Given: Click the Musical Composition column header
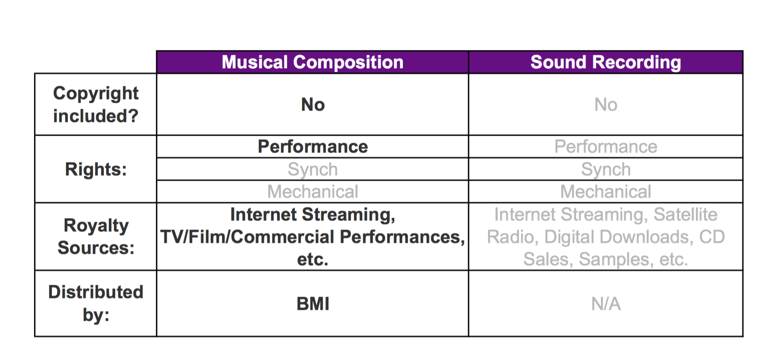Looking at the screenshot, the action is [x=313, y=62].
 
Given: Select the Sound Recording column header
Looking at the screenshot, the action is [x=606, y=62].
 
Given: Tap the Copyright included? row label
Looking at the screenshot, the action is [x=96, y=104].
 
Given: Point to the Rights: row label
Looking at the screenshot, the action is [x=96, y=169].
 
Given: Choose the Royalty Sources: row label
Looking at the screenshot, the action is [x=96, y=237].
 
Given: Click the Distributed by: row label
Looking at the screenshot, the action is [x=96, y=303].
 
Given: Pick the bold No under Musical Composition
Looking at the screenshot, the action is [x=313, y=104].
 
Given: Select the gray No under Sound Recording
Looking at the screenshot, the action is [x=606, y=104].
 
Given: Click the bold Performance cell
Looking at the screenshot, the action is [x=313, y=147].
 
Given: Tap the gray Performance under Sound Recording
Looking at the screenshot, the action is [x=606, y=147].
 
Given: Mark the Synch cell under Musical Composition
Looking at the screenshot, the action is [x=313, y=170].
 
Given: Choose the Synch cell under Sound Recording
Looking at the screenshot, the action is [x=606, y=170].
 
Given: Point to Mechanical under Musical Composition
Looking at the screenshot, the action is [x=313, y=191].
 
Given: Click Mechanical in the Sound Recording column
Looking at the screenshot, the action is [x=606, y=191].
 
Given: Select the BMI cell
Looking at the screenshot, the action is [x=313, y=303].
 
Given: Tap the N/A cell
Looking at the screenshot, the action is [x=606, y=304].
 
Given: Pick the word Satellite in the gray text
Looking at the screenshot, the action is [x=685, y=214].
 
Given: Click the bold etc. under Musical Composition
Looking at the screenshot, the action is [x=313, y=259].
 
